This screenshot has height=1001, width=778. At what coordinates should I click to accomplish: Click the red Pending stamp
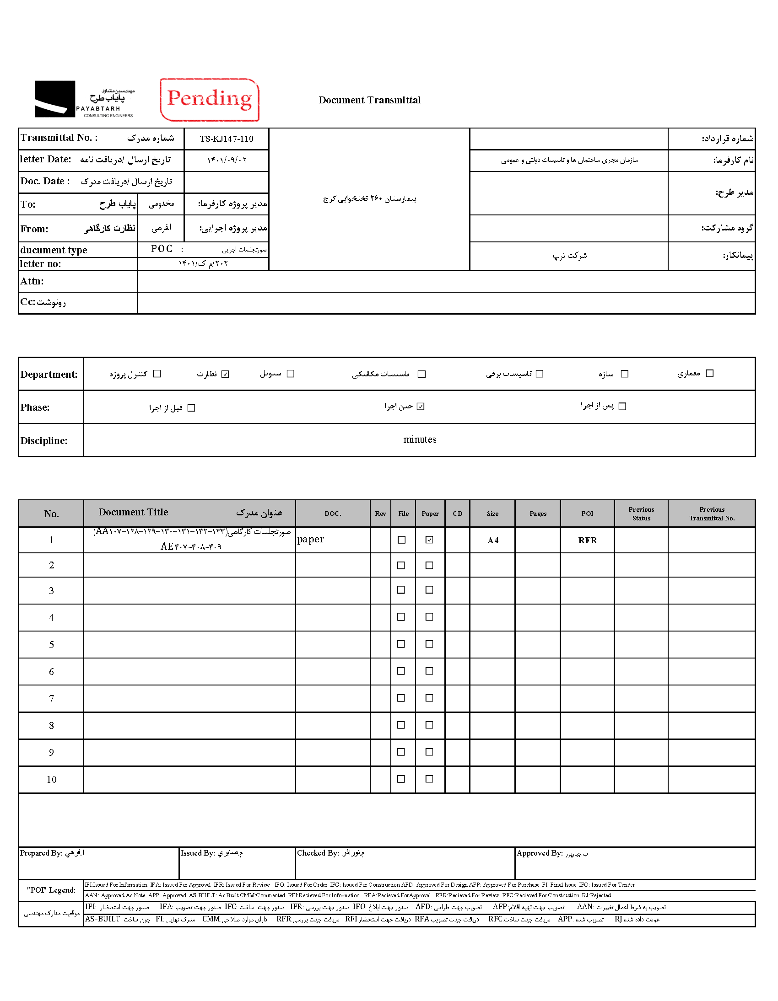(210, 99)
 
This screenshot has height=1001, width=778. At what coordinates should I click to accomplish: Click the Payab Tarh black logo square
(54, 99)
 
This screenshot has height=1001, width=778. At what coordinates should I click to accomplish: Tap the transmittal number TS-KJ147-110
(227, 139)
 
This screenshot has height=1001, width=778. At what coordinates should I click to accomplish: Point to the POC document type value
(162, 249)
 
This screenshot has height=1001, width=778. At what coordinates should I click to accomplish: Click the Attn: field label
(32, 281)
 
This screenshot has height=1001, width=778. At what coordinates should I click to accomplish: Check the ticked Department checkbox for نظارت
(225, 374)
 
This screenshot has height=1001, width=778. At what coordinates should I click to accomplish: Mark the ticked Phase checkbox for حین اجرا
(421, 407)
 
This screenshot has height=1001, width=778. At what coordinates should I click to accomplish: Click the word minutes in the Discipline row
(420, 439)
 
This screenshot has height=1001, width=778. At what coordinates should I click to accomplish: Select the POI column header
(587, 514)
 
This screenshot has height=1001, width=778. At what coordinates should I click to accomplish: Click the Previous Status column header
(641, 514)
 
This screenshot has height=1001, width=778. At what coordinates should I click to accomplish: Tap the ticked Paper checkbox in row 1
(429, 540)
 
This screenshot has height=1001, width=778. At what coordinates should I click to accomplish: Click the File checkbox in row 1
(401, 540)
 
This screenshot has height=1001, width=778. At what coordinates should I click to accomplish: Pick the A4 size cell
(493, 541)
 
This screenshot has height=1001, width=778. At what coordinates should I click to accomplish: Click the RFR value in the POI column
(587, 541)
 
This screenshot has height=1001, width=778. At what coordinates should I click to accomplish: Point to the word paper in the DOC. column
(311, 540)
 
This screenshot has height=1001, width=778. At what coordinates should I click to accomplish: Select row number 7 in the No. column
(51, 699)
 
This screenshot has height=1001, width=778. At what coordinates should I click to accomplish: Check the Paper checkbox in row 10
(429, 779)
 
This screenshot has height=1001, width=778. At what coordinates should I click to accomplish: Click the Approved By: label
(540, 853)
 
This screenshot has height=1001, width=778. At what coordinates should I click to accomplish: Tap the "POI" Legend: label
(51, 890)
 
